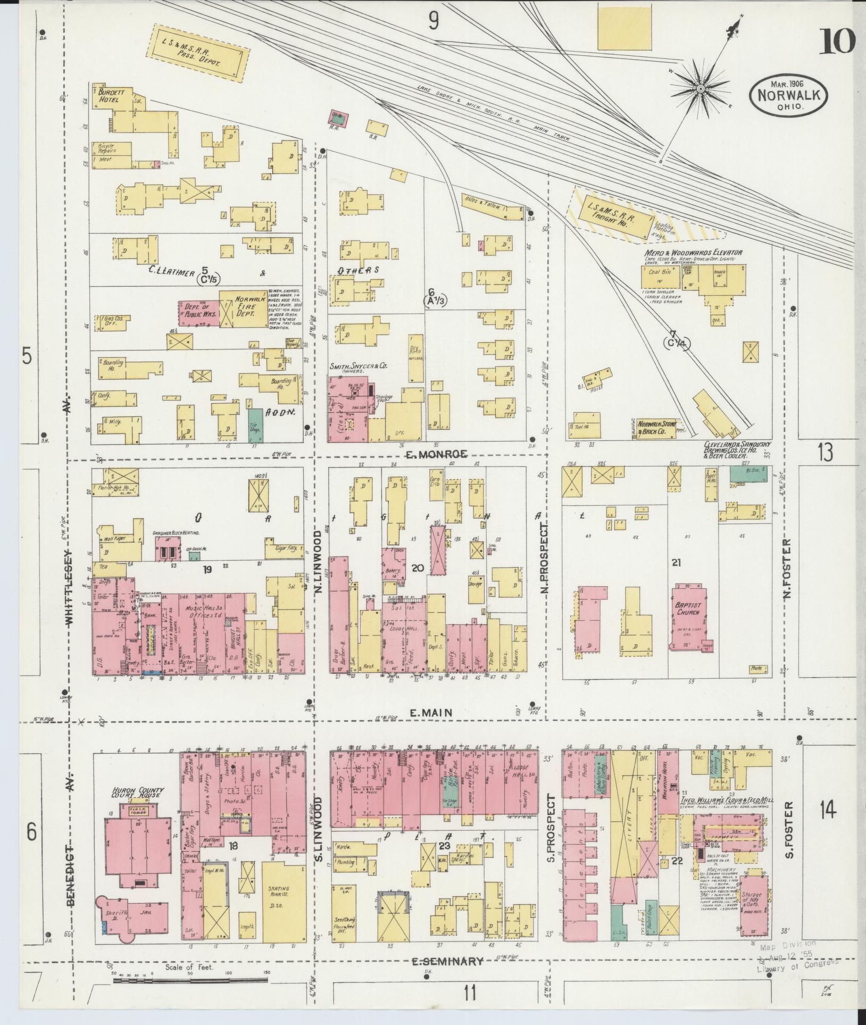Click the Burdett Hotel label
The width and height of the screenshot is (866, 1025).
pyautogui.click(x=110, y=95)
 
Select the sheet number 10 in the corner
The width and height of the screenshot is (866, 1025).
pyautogui.click(x=836, y=41)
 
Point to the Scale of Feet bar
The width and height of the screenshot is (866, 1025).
pyautogui.click(x=190, y=980)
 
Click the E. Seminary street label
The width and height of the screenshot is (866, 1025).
pyautogui.click(x=448, y=961)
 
